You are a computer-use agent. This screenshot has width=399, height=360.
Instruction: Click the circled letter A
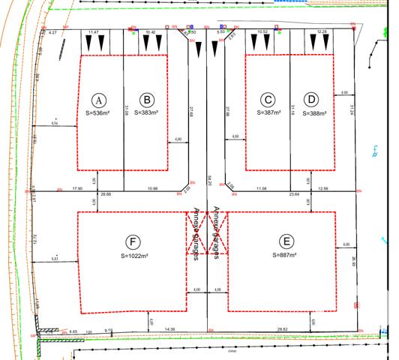[x=97, y=100]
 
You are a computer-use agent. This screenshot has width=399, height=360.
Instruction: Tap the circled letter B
[x=148, y=100]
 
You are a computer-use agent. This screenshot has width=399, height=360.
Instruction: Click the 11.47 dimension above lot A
[x=94, y=33]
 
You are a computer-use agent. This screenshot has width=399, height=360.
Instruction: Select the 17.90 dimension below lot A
[x=77, y=187]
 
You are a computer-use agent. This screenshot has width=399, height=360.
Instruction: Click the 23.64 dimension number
[x=304, y=194]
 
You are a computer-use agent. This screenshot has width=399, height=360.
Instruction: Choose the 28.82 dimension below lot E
[x=282, y=329]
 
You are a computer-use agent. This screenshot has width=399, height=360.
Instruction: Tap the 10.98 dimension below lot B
[x=153, y=187]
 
